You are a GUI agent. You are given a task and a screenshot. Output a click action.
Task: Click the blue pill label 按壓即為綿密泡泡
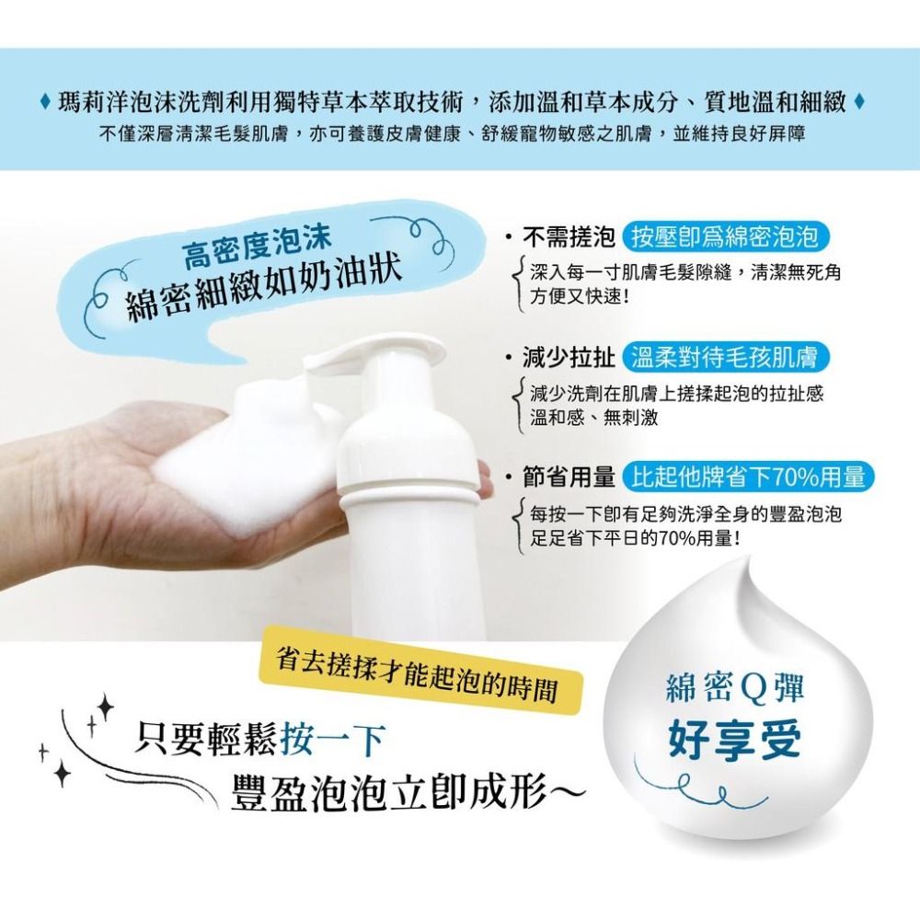[726, 238]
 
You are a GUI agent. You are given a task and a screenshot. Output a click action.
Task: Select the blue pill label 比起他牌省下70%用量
[748, 477]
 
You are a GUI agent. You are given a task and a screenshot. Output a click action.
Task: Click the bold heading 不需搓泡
[569, 238]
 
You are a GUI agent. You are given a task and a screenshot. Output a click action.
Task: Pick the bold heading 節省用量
[569, 477]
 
